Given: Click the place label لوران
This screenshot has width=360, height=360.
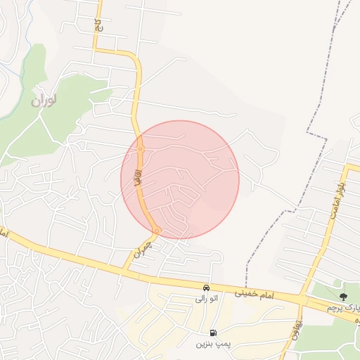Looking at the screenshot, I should pyautogui.click(x=44, y=100).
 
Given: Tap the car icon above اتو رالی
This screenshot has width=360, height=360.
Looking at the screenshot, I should pyautogui.click(x=205, y=287).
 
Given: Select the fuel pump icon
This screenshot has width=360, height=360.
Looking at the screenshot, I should pyautogui.click(x=212, y=333).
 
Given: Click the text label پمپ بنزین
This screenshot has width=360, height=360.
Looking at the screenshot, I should pyautogui.click(x=212, y=344).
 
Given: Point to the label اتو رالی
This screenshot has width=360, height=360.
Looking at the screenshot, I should pyautogui.click(x=205, y=298).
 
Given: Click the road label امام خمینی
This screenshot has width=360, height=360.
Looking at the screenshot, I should pyautogui.click(x=258, y=292).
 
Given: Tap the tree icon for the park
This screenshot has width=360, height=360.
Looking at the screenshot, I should pyautogui.click(x=343, y=297).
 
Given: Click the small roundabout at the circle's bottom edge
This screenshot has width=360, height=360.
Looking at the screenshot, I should pyautogui.click(x=157, y=231).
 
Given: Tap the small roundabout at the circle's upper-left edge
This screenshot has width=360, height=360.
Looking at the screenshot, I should pyautogui.click(x=141, y=149).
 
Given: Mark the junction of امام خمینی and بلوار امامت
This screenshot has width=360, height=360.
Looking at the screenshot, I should pyautogui.click(x=303, y=300).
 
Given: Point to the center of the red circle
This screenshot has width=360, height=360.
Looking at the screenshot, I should pyautogui.click(x=180, y=179).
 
